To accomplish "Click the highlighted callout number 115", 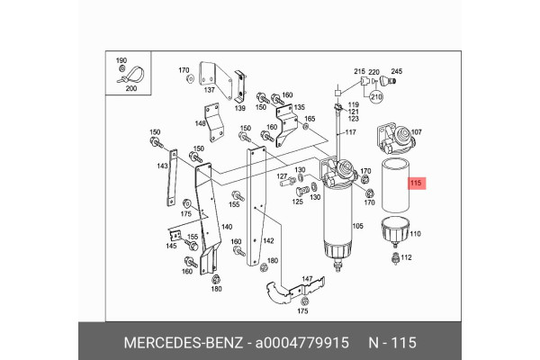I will coord(416,184).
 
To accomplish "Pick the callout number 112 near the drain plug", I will coord(406,257).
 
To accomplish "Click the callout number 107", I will coord(417,133).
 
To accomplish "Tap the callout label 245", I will coord(397,72).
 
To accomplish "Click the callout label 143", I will coord(162,166).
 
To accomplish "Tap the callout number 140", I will coord(226,228).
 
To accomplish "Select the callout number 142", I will coord(267,241).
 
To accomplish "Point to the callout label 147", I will coord(307,279).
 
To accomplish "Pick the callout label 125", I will coord(296,202).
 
